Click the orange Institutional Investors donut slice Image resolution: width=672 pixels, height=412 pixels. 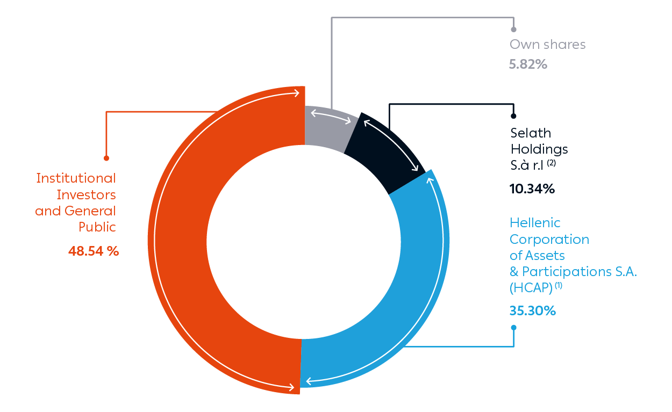pos(177,242)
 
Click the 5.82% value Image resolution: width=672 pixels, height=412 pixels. pos(528,64)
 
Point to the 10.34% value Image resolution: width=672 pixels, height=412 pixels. pos(532,189)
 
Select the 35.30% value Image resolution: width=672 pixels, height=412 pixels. pos(532,310)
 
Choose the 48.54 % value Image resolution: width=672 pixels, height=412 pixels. pos(94,251)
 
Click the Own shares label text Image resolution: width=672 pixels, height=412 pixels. pos(547,45)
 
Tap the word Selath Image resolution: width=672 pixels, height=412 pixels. pos(531,133)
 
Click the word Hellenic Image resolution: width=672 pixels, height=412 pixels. pos(535,223)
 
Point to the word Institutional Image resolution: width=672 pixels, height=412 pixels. pos(76,178)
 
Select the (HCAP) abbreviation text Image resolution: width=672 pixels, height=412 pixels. pos(531,288)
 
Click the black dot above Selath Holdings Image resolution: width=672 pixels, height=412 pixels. pos(513,115)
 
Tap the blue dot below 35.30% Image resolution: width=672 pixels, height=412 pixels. pos(513,327)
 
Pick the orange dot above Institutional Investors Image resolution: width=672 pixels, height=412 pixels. pos(106,158)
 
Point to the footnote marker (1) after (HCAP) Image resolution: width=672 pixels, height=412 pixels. pos(559,286)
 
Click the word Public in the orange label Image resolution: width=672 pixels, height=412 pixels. pos(97,227)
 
